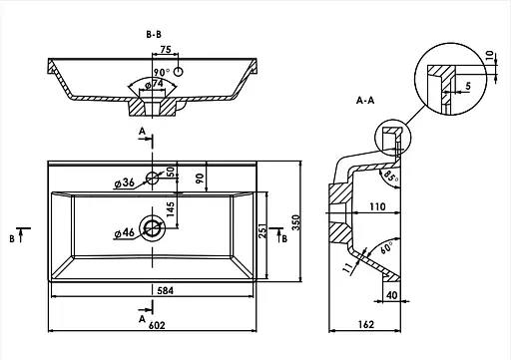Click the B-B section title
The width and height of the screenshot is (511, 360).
[154, 34]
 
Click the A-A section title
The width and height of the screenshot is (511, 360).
[365, 100]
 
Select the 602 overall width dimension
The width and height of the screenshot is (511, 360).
[157, 325]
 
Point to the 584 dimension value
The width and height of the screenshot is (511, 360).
[166, 290]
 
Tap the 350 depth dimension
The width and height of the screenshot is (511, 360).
[296, 222]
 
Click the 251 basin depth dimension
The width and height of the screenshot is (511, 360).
[262, 231]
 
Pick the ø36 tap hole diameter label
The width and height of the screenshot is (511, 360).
[125, 182]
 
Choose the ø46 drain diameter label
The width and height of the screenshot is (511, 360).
[124, 233]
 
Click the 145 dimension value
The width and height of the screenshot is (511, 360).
[170, 209]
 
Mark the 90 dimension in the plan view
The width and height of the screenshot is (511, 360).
[200, 179]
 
